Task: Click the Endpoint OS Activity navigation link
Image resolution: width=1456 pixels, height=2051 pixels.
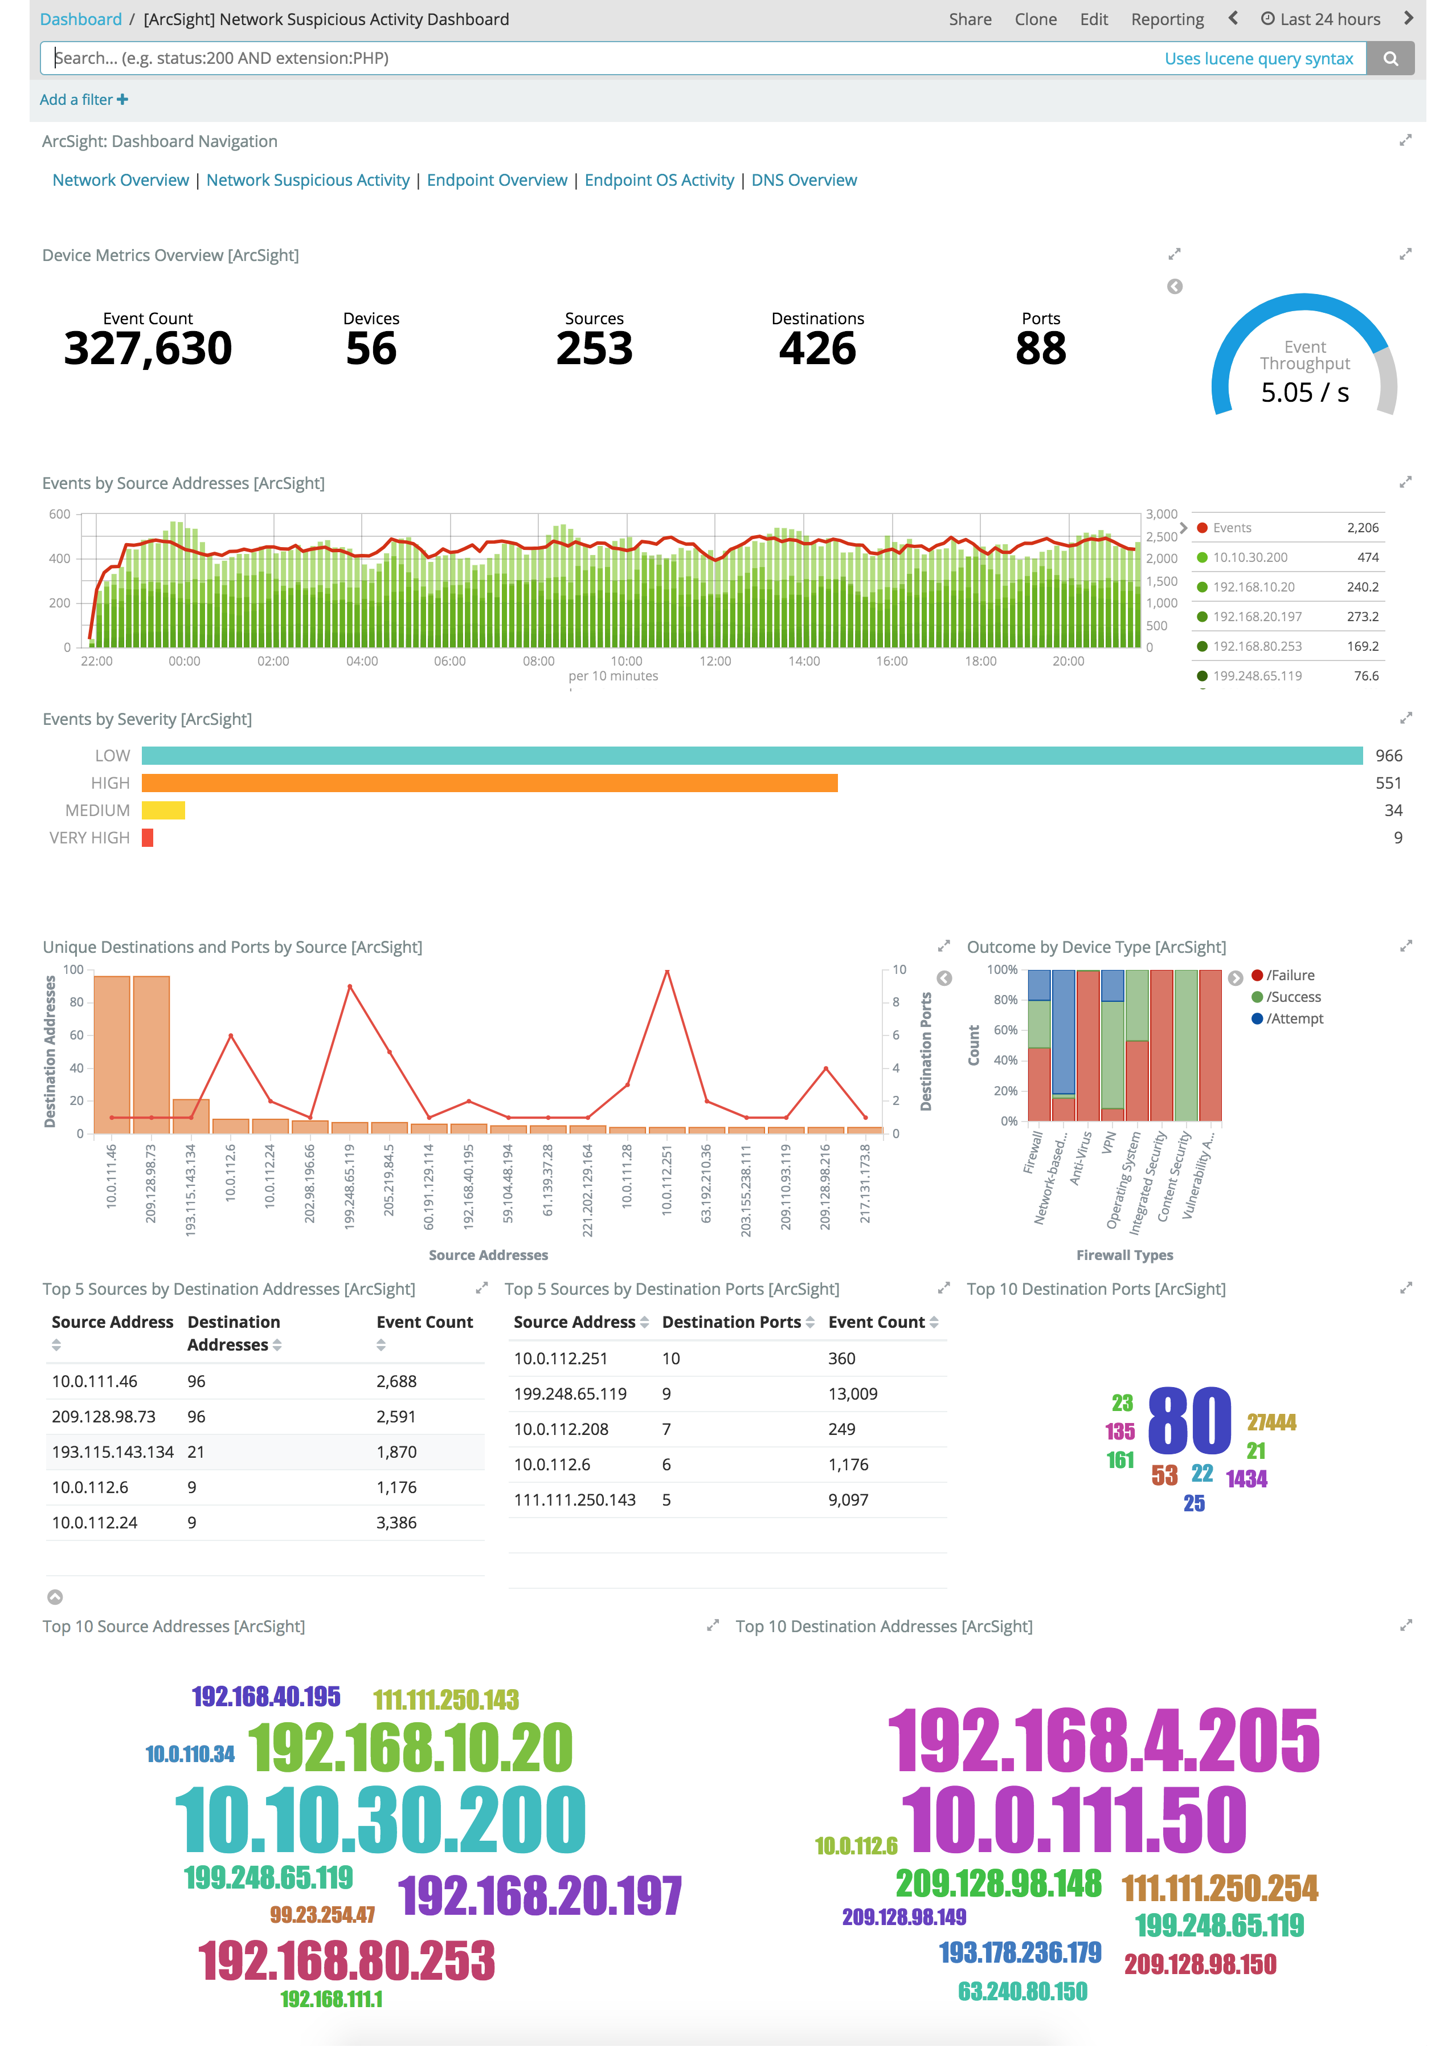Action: (x=659, y=180)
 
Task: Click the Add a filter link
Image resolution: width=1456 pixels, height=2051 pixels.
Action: (x=83, y=100)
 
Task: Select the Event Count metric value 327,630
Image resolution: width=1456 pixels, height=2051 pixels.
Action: (x=148, y=348)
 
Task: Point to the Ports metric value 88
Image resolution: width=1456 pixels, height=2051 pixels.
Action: (x=1040, y=348)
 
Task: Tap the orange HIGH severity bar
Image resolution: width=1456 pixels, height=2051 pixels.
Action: (x=489, y=783)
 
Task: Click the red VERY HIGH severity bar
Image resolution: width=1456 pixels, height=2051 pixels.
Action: (x=147, y=838)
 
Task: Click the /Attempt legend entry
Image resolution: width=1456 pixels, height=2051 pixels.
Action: (x=1294, y=1019)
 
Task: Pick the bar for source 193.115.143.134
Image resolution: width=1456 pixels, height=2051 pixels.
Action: (x=190, y=1116)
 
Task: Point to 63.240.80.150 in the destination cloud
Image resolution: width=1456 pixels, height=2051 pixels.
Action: (x=1022, y=1991)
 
